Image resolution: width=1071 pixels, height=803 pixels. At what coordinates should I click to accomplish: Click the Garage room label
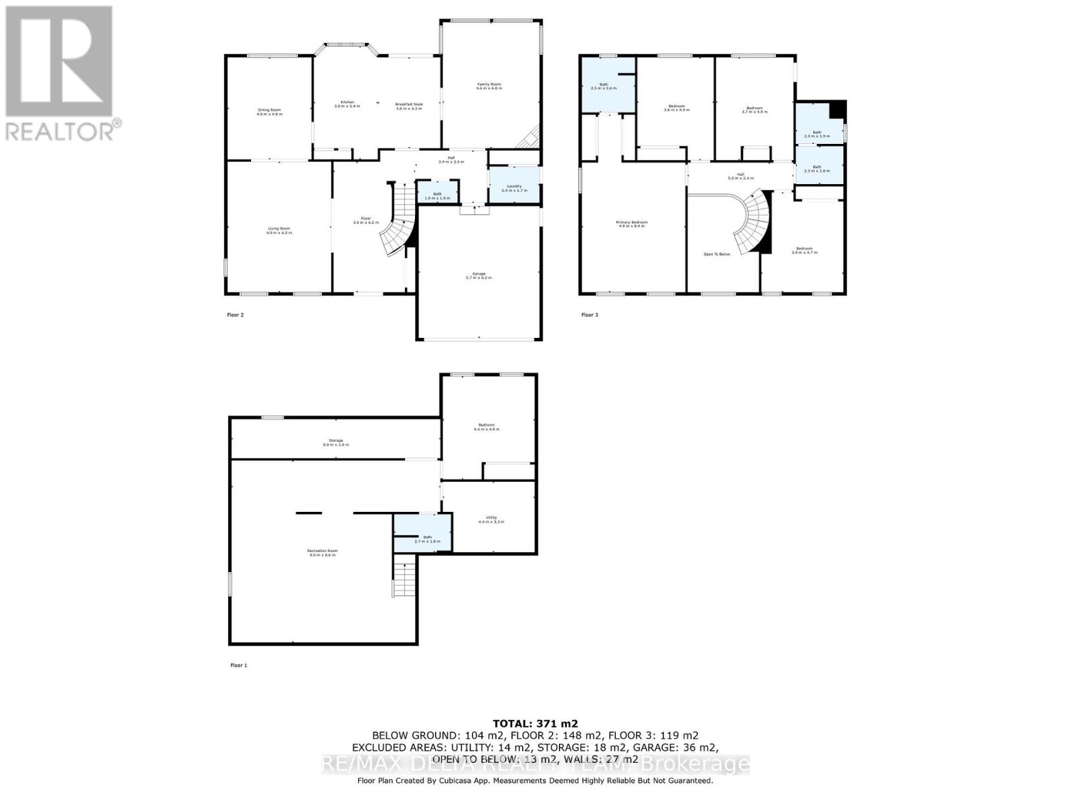click(x=479, y=275)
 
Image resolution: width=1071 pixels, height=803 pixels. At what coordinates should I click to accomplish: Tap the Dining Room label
click(x=269, y=112)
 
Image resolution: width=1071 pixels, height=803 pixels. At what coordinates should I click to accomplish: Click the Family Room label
click(x=488, y=86)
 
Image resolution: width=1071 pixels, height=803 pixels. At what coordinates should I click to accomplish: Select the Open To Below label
click(x=716, y=254)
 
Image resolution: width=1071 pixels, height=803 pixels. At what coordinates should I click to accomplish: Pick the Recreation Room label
click(x=322, y=552)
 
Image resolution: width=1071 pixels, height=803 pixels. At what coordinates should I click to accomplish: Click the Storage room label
click(x=335, y=442)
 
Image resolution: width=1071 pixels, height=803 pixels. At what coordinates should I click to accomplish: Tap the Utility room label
click(x=491, y=519)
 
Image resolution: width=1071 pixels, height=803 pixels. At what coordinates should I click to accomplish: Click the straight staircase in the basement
click(x=404, y=579)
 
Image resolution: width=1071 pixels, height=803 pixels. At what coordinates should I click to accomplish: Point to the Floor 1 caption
click(x=238, y=665)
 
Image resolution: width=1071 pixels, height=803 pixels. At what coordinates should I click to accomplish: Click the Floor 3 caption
click(x=588, y=315)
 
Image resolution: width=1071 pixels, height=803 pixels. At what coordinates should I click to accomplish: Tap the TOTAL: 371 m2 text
click(x=535, y=723)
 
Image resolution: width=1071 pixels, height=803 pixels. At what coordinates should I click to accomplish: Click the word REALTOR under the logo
click(x=61, y=130)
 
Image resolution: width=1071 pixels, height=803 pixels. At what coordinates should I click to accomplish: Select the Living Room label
click(x=278, y=230)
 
